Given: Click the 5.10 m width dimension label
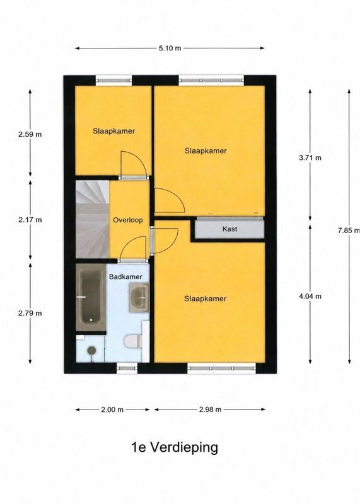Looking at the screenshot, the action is (170, 49).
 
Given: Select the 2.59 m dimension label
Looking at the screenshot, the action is (30, 134).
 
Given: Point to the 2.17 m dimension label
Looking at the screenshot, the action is (30, 220).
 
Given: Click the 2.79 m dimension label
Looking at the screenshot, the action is (30, 312).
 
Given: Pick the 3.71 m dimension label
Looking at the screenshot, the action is (310, 157).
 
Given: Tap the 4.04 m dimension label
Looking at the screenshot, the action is (310, 296).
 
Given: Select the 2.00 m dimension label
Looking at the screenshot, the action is (112, 409).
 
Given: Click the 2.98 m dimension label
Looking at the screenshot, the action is (210, 409).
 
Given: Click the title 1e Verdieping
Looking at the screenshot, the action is (175, 447).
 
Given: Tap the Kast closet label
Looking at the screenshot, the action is (229, 229).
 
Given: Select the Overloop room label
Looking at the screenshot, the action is (128, 220).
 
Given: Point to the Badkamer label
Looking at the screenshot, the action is (125, 277).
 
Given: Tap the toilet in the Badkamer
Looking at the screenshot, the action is (133, 341).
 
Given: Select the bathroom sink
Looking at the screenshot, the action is (139, 297).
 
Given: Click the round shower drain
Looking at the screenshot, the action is (91, 350).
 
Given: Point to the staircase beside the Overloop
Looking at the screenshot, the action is (92, 219).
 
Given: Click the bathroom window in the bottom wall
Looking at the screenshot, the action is (127, 368).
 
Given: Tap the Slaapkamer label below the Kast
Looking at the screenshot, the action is (206, 299).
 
